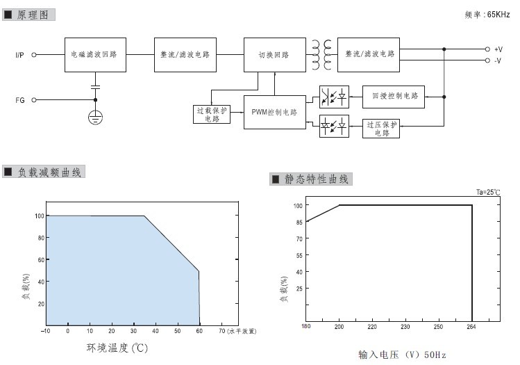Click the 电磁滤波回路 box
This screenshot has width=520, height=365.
coord(95,55)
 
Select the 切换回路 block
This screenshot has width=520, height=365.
coord(275,55)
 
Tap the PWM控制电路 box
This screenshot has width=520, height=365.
coord(275,112)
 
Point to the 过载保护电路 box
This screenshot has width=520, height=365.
coord(212,114)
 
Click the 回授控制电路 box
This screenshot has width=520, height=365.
coord(394,97)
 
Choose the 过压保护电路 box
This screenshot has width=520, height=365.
coord(380,129)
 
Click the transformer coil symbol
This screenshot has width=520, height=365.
coord(321,55)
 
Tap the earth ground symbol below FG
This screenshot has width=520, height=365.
coord(96,117)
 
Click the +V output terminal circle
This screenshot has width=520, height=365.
coord(487,49)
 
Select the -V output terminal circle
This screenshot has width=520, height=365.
coord(487,60)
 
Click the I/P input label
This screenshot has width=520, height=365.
coord(19,55)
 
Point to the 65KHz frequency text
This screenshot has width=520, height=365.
coord(498,15)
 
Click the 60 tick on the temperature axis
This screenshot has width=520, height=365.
coord(199,331)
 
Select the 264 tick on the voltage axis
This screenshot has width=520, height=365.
coord(471,327)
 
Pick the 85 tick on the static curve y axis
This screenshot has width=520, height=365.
coord(299,222)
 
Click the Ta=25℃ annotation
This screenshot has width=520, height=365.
coord(488,192)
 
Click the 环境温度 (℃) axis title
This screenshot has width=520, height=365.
coord(117,348)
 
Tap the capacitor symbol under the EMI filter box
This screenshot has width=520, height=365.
coord(96,87)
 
